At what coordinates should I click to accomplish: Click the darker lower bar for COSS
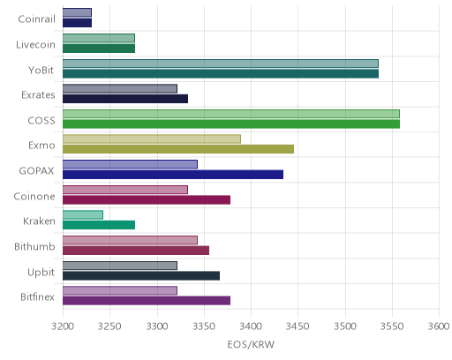[x=231, y=124]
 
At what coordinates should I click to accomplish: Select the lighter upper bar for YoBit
[x=221, y=64]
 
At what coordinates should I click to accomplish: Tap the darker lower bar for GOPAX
[x=173, y=175]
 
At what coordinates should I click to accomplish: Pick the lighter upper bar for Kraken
[x=83, y=215]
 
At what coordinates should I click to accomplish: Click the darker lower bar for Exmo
[x=178, y=149]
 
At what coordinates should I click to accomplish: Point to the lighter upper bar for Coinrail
[x=77, y=12]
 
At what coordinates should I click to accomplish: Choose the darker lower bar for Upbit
[x=141, y=276]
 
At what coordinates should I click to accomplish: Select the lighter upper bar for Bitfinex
[x=120, y=290]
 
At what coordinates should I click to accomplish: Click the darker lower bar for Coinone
[x=147, y=200]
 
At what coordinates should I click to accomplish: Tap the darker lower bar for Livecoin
[x=99, y=49]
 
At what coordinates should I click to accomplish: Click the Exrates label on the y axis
[x=38, y=95]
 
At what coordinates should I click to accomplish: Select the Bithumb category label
[x=34, y=246]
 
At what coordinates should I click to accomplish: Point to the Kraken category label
[x=39, y=221]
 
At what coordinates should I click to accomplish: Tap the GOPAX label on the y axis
[x=37, y=171]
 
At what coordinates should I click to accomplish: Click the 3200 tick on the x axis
[x=63, y=326]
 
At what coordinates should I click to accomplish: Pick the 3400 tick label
[x=251, y=326]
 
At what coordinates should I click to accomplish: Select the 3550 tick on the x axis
[x=392, y=326]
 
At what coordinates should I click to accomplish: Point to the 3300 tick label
[x=157, y=326]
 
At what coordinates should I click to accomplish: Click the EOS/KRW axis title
[x=251, y=344]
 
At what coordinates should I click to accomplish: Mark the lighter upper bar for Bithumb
[x=130, y=240]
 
